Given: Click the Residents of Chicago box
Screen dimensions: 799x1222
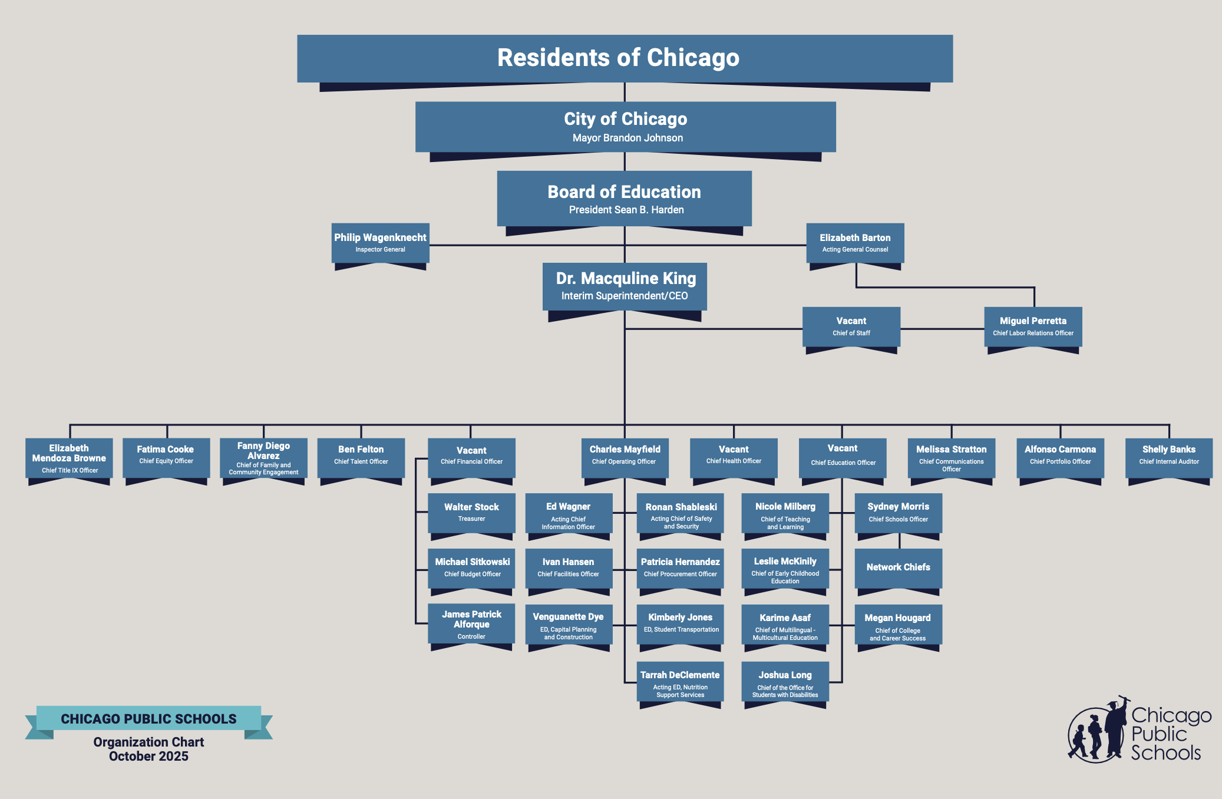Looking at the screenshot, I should (625, 58).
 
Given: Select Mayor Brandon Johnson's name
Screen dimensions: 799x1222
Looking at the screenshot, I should (627, 138).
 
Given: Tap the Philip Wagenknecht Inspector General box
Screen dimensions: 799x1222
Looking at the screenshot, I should (380, 243).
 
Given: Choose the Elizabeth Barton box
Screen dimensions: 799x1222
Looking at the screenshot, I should (855, 243).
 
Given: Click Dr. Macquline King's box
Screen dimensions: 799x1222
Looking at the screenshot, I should (625, 286).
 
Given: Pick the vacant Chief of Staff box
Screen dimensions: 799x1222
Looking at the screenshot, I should (851, 326).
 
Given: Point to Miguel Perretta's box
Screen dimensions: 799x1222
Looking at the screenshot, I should (1033, 326).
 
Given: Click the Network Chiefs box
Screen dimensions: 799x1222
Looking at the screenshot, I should (898, 567).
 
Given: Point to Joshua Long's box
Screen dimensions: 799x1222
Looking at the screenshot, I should (785, 682).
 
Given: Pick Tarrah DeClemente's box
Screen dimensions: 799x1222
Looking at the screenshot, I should (680, 682).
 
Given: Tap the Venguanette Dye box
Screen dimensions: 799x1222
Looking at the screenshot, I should (568, 625).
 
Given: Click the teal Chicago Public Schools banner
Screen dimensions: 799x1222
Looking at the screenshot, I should (148, 718).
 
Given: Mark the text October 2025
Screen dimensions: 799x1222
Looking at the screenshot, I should (148, 757).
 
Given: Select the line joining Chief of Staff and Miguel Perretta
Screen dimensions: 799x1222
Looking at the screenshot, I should (942, 329).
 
